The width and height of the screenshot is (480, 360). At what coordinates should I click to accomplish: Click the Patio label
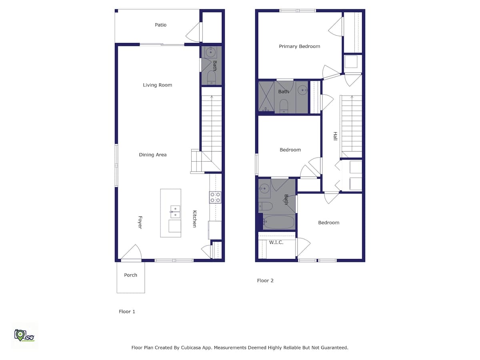[160, 25]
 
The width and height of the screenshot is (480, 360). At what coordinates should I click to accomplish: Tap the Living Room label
[158, 85]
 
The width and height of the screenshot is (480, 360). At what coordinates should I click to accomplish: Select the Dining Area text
[153, 155]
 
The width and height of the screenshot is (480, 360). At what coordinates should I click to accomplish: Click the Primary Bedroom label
[299, 46]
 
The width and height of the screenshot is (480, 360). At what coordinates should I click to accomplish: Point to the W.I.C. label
[276, 242]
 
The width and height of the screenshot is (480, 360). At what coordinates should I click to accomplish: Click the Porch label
[130, 275]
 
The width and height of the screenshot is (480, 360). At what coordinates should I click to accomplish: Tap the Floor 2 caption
[265, 280]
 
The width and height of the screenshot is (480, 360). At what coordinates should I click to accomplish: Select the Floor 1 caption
[127, 312]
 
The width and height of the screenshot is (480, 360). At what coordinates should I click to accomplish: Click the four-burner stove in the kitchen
[215, 197]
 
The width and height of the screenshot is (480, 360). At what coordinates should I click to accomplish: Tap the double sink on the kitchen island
[175, 212]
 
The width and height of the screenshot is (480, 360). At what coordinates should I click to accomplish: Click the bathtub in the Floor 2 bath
[278, 222]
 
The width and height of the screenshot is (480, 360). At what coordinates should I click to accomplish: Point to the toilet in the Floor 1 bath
[211, 77]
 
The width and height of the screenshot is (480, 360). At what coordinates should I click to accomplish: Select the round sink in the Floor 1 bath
[210, 52]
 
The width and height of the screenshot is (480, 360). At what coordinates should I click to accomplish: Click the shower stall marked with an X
[266, 96]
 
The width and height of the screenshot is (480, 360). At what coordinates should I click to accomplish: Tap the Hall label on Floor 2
[335, 136]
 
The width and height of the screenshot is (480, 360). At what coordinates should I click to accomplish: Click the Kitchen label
[195, 219]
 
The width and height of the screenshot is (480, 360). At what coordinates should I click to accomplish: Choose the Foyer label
[140, 222]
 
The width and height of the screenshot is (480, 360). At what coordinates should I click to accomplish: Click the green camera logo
[24, 335]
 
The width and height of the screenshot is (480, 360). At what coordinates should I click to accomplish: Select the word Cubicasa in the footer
[190, 348]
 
